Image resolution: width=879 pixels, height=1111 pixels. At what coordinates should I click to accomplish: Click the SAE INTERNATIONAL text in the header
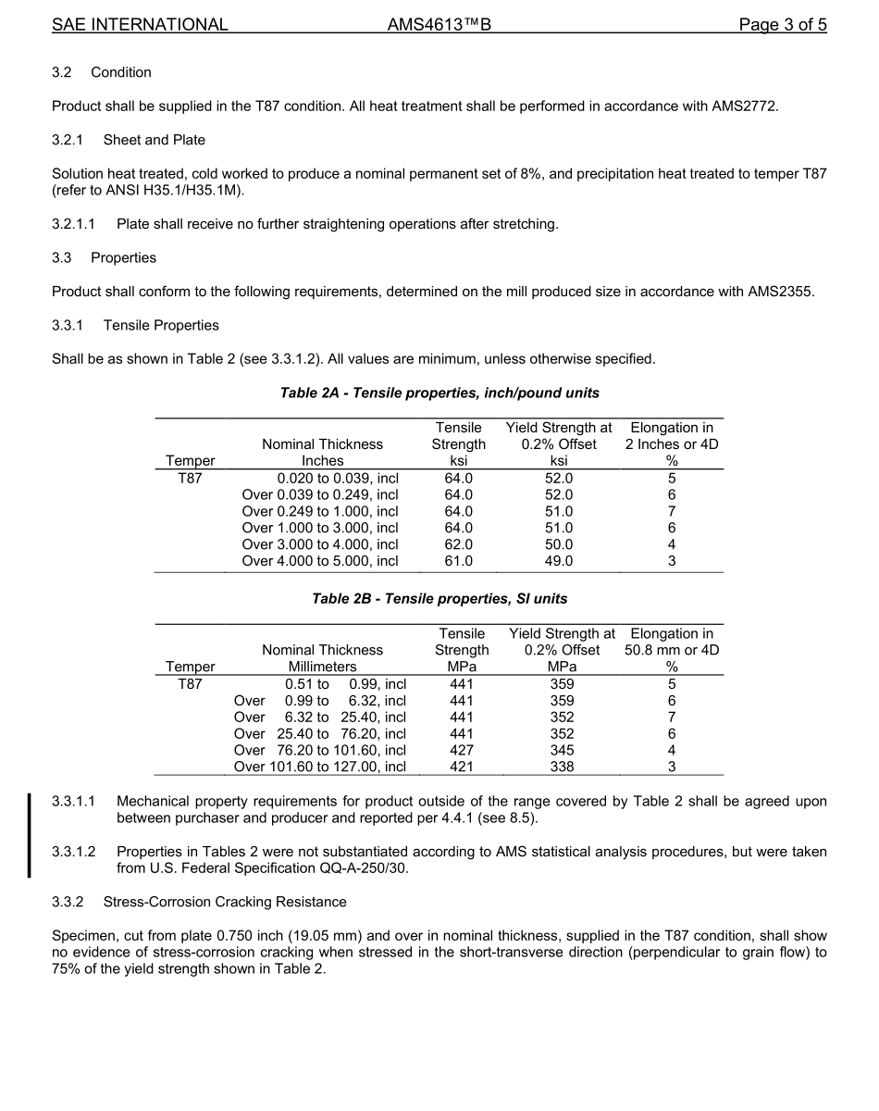click(x=140, y=25)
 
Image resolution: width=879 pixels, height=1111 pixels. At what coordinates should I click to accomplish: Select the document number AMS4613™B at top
click(x=439, y=25)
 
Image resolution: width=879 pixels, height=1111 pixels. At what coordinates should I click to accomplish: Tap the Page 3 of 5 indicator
click(x=782, y=25)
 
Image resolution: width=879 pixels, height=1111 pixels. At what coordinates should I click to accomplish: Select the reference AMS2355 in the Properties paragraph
click(x=780, y=292)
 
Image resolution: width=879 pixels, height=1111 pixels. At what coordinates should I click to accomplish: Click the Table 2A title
click(x=439, y=393)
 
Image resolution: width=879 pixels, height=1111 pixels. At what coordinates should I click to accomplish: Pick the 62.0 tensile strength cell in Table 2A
click(x=459, y=544)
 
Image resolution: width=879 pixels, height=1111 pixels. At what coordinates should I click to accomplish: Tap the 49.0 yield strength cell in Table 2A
click(x=559, y=561)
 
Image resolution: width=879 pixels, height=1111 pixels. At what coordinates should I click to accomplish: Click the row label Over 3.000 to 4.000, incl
click(x=320, y=544)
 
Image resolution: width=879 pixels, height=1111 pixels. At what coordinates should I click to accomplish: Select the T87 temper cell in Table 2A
click(x=190, y=478)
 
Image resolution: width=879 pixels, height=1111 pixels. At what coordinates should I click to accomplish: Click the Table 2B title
click(x=439, y=599)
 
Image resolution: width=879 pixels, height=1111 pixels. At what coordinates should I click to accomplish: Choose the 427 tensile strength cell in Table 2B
click(x=461, y=750)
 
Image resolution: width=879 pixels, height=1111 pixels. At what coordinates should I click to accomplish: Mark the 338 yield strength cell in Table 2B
click(x=562, y=767)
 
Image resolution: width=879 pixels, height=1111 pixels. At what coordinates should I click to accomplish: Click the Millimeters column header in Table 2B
click(x=322, y=667)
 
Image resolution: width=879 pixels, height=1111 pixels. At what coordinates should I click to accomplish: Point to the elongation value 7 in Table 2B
click(x=672, y=717)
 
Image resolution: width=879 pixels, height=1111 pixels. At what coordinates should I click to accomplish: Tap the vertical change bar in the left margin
click(x=30, y=834)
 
